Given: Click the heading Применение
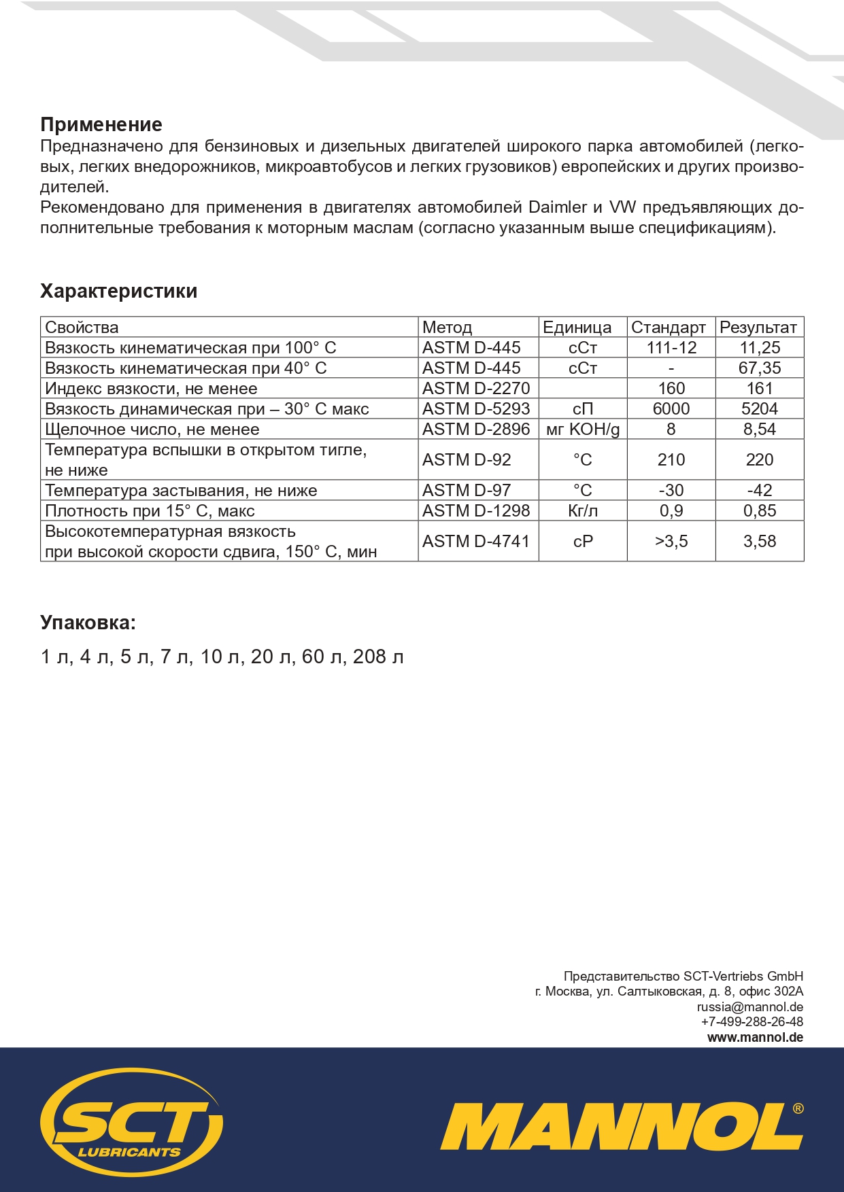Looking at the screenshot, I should [101, 125].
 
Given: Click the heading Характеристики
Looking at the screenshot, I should [119, 292].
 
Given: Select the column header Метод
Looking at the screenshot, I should [447, 328].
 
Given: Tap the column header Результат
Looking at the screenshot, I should [758, 328].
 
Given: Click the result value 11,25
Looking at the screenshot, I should [760, 348].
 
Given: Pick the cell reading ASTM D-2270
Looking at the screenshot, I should [475, 389].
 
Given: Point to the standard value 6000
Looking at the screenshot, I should [671, 409].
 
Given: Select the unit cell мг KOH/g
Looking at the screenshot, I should [583, 430].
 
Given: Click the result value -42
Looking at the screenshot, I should [760, 491].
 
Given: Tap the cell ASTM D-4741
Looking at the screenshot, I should [475, 542].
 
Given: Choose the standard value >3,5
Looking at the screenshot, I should [671, 542].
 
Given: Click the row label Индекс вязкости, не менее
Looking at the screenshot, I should [151, 389].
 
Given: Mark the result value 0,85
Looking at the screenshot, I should [760, 511].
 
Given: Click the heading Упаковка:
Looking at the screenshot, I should [88, 623].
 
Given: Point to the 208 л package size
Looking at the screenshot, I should [378, 657].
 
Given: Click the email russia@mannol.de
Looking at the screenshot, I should [749, 1007].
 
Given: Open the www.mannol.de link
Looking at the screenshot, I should [755, 1038].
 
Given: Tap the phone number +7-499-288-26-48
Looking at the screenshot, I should [752, 1022].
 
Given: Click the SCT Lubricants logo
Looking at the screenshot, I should [131, 1122].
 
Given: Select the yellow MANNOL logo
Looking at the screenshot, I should [622, 1127].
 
